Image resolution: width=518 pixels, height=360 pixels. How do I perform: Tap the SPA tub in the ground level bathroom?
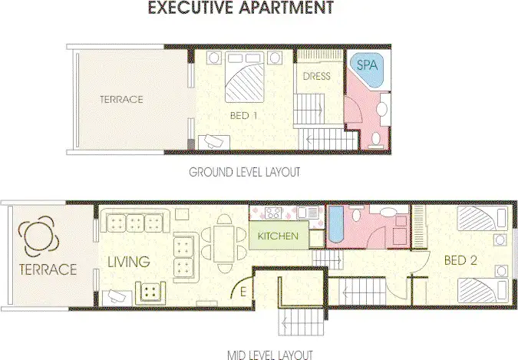tap(367, 70)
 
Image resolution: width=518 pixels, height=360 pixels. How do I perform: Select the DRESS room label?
tap(316, 76)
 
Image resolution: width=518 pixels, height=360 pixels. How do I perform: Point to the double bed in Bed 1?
tap(244, 81)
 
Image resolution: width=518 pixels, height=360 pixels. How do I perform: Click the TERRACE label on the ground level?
tap(121, 99)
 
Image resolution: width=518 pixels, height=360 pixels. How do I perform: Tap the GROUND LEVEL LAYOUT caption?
tap(244, 172)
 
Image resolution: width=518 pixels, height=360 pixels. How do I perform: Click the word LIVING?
tap(128, 263)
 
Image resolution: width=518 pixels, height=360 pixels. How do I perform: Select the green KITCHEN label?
tap(278, 236)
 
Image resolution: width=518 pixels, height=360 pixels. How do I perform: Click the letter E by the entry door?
tap(243, 292)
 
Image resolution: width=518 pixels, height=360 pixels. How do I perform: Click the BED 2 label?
tap(460, 261)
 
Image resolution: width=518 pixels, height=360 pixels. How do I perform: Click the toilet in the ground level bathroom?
tap(375, 139)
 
